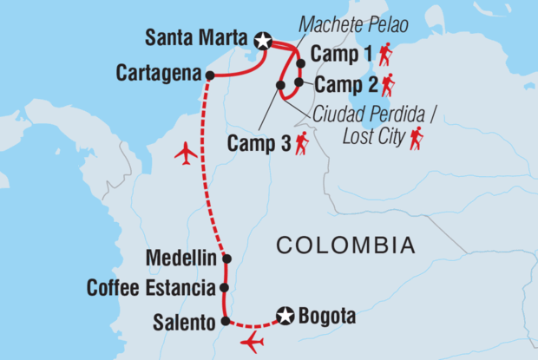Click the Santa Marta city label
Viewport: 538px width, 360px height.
click(x=198, y=39)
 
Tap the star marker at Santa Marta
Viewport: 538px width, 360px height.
click(x=263, y=40)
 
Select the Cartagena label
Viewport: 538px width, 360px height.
click(x=159, y=73)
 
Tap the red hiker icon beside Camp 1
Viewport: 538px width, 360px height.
click(x=385, y=55)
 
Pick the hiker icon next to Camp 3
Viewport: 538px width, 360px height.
click(x=302, y=143)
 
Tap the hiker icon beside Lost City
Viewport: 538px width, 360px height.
click(x=417, y=136)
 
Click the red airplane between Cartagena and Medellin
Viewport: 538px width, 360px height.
click(x=185, y=154)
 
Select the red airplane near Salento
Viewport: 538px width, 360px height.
click(x=253, y=341)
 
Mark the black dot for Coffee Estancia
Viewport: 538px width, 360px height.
click(x=225, y=287)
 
